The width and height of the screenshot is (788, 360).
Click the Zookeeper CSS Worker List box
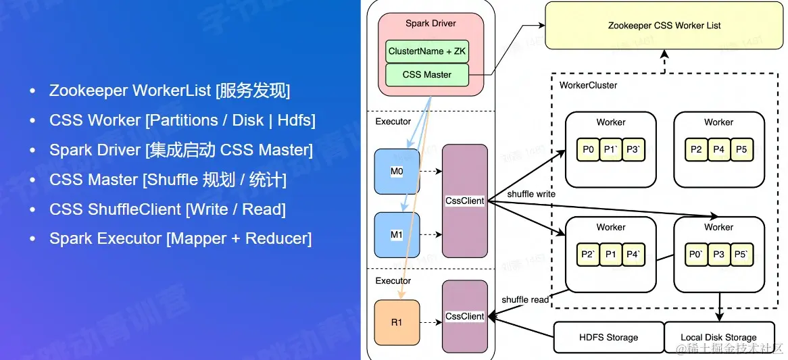(x=664, y=26)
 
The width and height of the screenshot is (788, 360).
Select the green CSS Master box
(x=426, y=74)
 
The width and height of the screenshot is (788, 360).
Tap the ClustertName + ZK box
(x=426, y=51)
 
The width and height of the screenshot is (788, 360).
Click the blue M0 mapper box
(x=397, y=172)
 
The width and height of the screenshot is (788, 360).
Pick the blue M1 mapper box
(x=397, y=235)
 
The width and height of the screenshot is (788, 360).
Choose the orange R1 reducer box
(x=397, y=322)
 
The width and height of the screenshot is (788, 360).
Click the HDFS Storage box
(x=608, y=337)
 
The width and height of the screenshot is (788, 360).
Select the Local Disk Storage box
(x=718, y=337)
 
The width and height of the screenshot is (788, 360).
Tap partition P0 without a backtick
(x=588, y=149)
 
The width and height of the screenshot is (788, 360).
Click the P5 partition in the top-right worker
(x=741, y=149)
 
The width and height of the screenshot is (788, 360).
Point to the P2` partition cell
(x=588, y=255)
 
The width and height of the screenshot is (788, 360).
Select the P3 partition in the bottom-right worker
(x=718, y=255)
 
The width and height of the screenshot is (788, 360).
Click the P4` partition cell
(x=633, y=255)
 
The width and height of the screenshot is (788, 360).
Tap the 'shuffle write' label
(x=531, y=194)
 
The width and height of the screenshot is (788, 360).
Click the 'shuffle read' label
(x=525, y=299)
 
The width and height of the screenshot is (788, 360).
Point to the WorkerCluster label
(x=588, y=85)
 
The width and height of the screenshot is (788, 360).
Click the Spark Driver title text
(x=430, y=23)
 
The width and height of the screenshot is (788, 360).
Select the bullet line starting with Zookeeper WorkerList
(x=169, y=91)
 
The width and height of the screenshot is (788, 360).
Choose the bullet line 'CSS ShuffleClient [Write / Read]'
(x=167, y=209)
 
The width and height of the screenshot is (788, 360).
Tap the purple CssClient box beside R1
(x=465, y=316)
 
